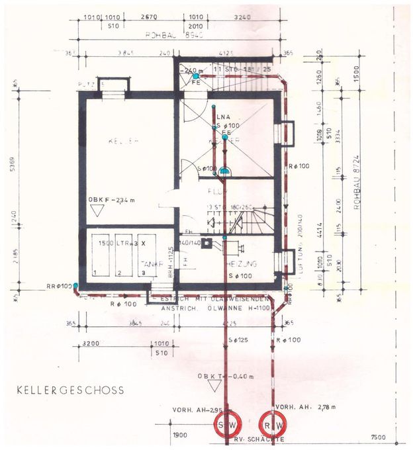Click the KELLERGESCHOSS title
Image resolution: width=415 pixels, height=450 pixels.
click(71, 390)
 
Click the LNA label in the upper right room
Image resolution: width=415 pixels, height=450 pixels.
click(222, 118)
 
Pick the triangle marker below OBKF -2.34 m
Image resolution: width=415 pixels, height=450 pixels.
click(98, 212)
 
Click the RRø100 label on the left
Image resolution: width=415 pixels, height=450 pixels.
click(57, 286)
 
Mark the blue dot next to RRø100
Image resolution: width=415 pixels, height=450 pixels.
click(76, 286)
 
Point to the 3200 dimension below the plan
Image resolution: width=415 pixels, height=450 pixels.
click(91, 344)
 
